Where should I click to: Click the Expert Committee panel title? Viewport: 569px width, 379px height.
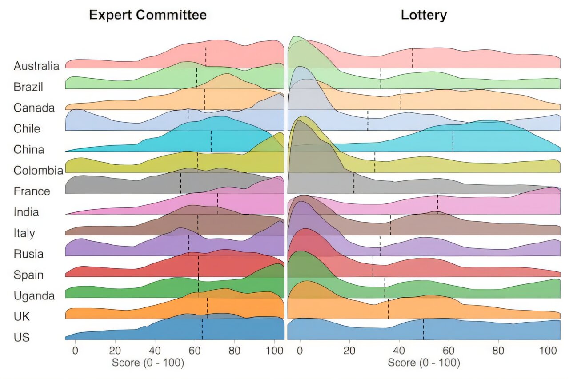coord(148,15)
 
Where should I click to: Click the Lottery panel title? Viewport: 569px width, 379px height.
coord(424,15)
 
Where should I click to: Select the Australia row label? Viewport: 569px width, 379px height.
coord(36,66)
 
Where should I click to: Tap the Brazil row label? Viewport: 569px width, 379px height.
coord(28,87)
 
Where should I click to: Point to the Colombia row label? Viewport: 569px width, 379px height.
coord(38,171)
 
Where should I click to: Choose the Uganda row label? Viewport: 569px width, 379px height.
coord(34,296)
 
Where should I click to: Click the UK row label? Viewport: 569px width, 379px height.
coord(22,317)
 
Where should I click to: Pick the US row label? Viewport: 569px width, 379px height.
coord(21,338)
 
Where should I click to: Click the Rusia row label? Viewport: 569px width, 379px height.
coord(28,254)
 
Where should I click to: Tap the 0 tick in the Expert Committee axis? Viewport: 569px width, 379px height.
coord(75,349)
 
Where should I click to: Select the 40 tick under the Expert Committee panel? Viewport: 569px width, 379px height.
coord(155,349)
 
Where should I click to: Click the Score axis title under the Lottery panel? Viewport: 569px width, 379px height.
coord(424,363)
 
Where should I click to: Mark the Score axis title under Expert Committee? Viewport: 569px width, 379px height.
coord(148,363)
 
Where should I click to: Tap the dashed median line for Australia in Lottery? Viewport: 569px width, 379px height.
coord(413,58)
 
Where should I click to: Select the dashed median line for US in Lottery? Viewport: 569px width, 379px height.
coord(423,329)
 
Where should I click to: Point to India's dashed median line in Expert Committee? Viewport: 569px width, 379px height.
coord(217,204)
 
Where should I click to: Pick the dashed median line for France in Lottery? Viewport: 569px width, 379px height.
coord(354,183)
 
